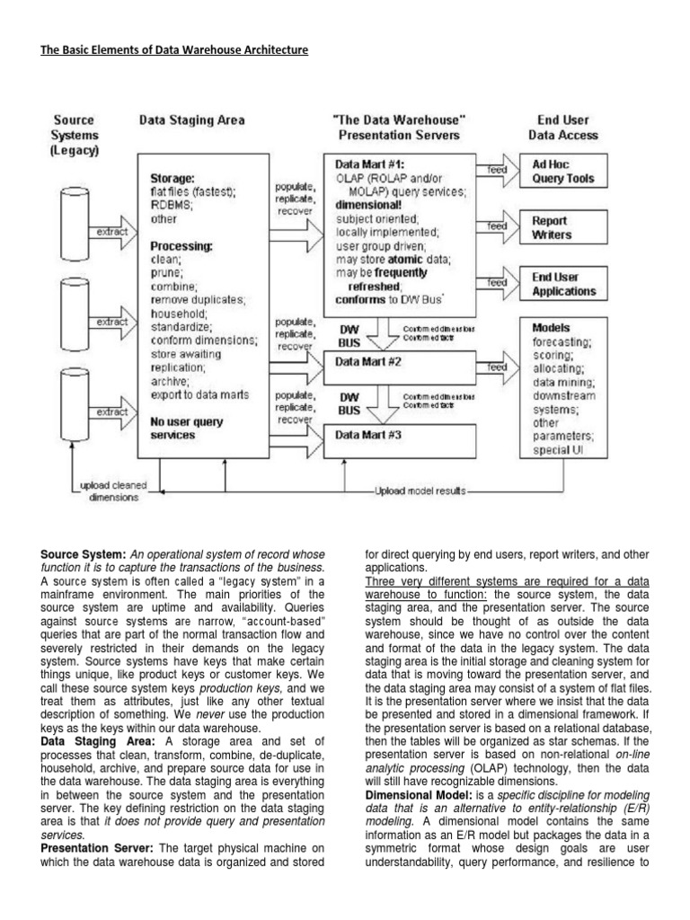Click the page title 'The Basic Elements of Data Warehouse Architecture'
[x=174, y=50]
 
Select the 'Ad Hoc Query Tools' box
[x=562, y=172]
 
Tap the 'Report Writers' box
[x=562, y=227]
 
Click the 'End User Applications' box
[x=562, y=284]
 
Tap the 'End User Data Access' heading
[x=563, y=128]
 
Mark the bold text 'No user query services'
[x=187, y=428]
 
